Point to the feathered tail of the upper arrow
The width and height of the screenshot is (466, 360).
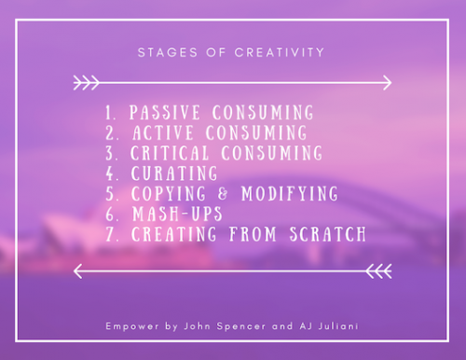(x=86, y=84)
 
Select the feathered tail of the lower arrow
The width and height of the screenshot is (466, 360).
(x=377, y=272)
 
